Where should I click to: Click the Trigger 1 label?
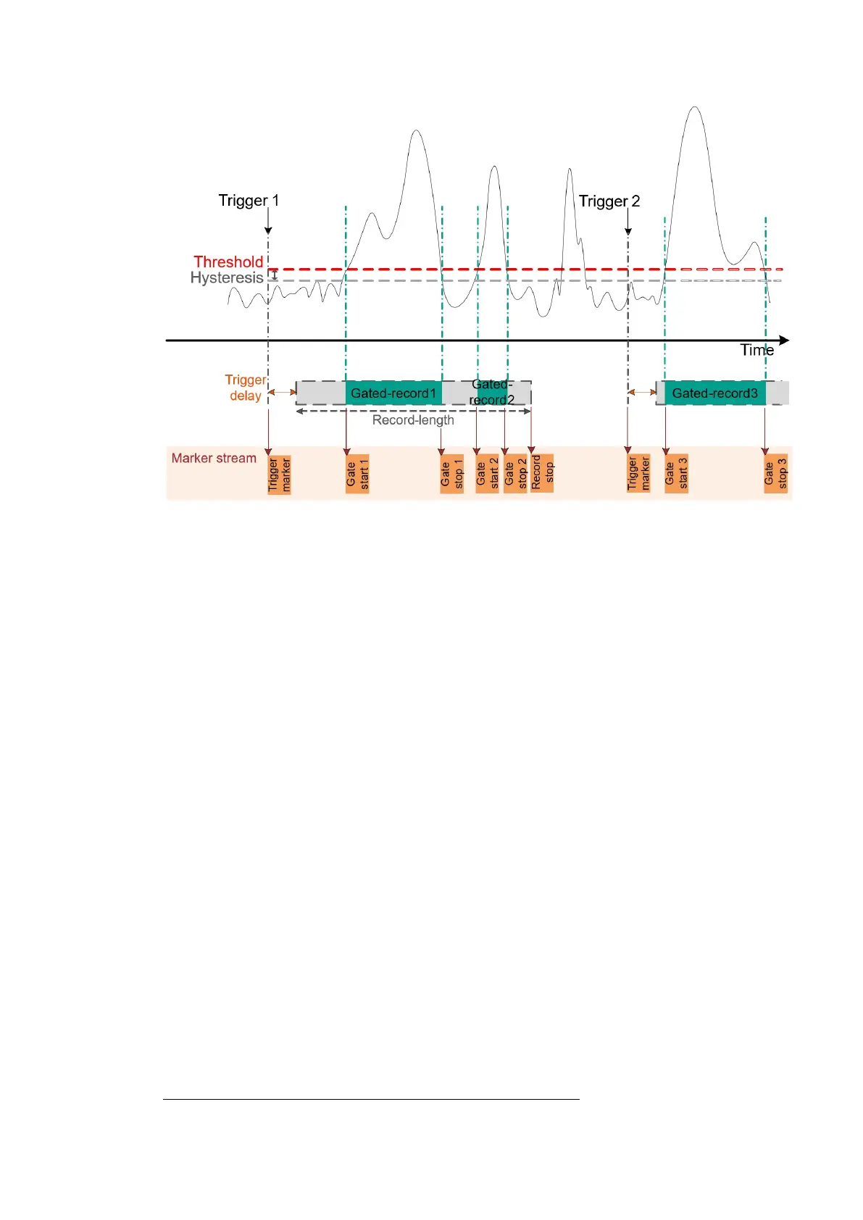coord(249,201)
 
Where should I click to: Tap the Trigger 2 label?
coord(609,201)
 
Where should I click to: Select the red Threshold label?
coord(228,262)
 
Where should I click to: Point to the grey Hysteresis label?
coord(227,278)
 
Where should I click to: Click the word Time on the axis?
coord(756,351)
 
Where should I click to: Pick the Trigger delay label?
coord(246,388)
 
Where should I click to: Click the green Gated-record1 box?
coord(393,393)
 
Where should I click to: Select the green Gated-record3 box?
coord(714,393)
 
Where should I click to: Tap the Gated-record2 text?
coord(491,392)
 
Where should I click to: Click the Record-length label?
coord(413,420)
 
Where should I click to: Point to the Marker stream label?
coord(214,458)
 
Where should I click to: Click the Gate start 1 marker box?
coord(357,475)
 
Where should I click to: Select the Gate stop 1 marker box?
coord(451,475)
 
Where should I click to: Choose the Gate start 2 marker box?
coord(487,475)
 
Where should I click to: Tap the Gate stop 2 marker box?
coord(515,475)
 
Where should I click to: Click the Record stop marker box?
coord(542,474)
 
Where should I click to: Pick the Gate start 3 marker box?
coord(676,474)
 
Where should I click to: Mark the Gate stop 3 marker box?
coord(775,475)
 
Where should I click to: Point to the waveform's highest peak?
coord(696,108)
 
